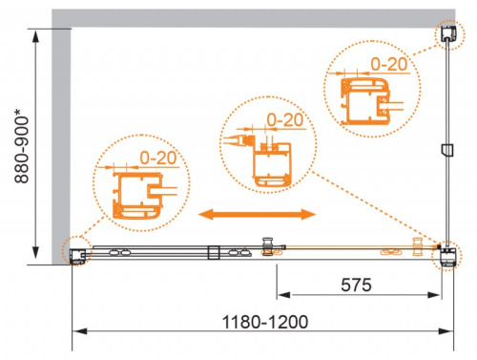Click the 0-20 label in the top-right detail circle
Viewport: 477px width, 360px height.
click(389, 63)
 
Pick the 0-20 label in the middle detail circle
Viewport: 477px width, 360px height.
click(284, 119)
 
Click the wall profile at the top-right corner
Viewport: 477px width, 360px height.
click(446, 34)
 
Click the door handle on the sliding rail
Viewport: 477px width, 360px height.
click(268, 247)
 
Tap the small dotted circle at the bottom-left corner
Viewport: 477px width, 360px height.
click(74, 252)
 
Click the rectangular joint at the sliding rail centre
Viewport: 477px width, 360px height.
click(214, 253)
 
